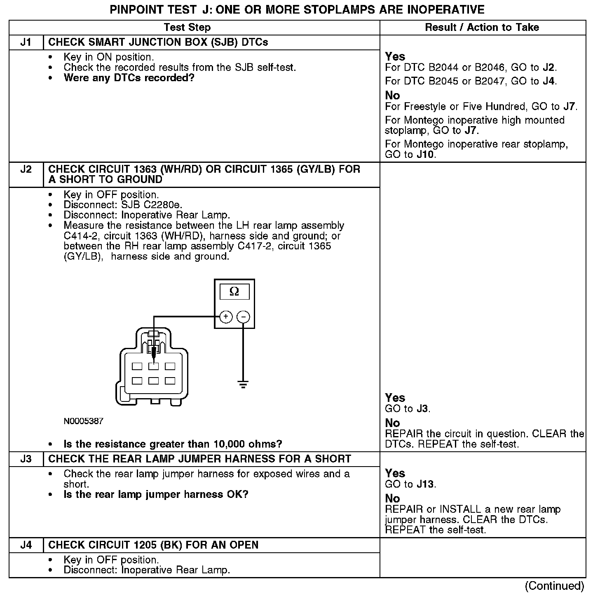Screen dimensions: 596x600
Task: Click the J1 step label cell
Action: pos(26,42)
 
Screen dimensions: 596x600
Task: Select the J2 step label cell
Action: pos(26,170)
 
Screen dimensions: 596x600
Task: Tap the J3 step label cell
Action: pos(26,459)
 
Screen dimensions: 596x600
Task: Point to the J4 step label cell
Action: pos(26,545)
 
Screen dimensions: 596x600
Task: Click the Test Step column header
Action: pos(187,28)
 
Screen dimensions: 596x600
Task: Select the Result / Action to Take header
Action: pos(482,28)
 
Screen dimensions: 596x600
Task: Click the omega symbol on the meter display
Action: pos(234,292)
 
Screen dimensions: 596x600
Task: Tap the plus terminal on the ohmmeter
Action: pos(225,317)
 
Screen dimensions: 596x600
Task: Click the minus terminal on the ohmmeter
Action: pos(244,317)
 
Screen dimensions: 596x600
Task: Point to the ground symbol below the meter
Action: pos(243,385)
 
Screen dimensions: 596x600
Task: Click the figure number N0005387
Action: pos(83,421)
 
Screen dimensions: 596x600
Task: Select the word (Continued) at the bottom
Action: pos(554,586)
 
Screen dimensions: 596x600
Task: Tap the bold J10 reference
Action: pos(426,155)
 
